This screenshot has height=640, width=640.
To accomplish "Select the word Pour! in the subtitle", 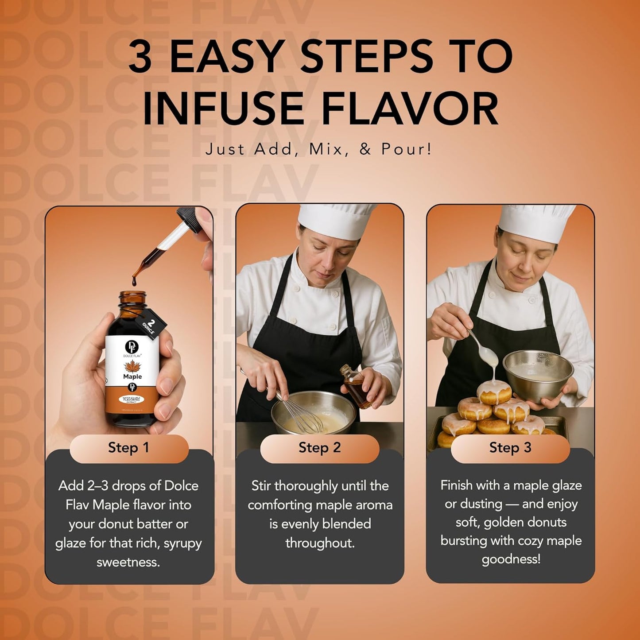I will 406,149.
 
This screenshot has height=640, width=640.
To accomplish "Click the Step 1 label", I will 128,448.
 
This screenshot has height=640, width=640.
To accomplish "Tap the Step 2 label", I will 319,448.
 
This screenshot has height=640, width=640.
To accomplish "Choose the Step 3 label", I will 510,448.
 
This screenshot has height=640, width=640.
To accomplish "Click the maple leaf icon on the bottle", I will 132,366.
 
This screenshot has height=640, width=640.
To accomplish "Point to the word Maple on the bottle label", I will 132,377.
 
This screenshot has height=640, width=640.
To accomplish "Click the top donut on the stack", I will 494,392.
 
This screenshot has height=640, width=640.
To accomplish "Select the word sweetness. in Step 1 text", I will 128,562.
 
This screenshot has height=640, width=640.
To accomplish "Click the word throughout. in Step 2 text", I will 320,543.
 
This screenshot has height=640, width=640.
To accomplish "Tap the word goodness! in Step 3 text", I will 511,559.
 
